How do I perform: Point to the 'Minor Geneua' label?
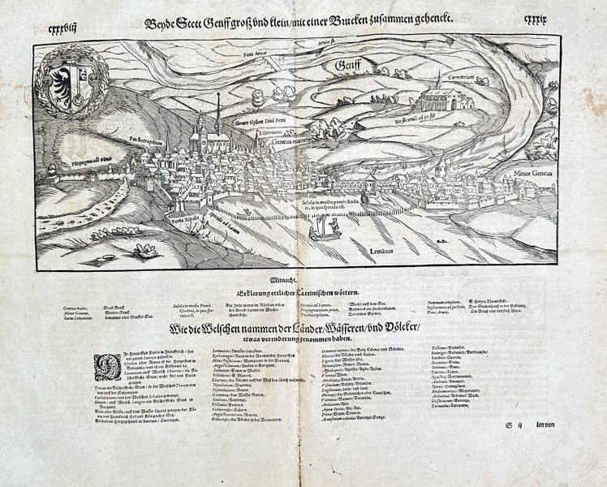pyautogui.click(x=532, y=173)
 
